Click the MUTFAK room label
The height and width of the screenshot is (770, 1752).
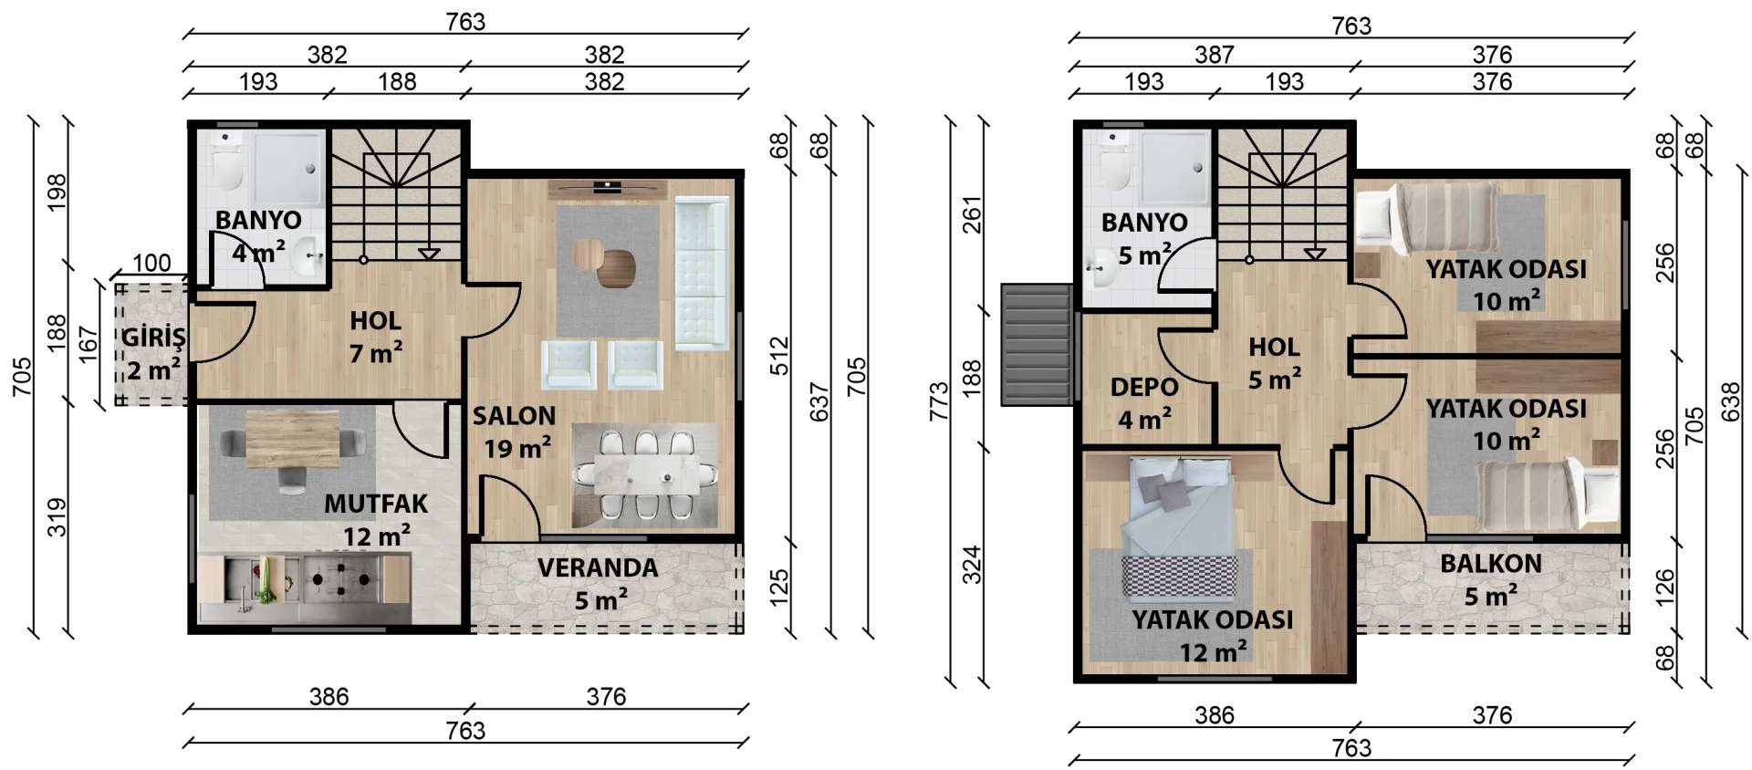point(376,504)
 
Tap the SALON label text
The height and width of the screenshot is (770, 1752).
point(514,416)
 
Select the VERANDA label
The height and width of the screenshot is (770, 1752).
point(598,567)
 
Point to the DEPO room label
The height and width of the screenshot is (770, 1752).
point(1144,387)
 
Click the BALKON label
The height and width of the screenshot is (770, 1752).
point(1491,564)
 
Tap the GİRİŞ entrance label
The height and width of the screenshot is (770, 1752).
point(153,337)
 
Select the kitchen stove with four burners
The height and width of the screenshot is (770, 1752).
point(343,578)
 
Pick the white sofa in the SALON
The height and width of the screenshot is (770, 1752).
point(701,273)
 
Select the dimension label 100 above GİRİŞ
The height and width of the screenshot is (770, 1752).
point(151,263)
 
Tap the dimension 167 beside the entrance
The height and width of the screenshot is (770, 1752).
point(88,345)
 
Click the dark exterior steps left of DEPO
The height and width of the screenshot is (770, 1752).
point(1037,344)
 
